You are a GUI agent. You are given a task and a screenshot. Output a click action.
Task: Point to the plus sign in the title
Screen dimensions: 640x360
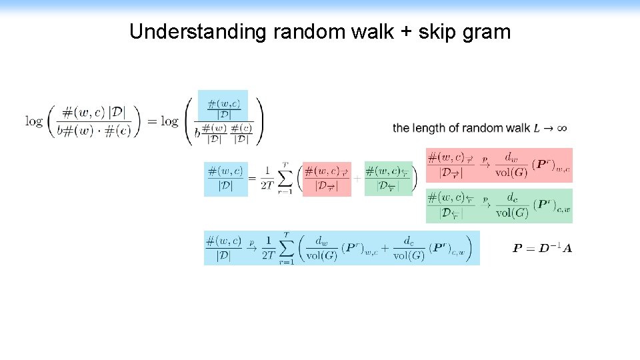405,32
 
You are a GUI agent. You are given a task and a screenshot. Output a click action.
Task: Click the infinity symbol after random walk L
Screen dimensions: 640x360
562,127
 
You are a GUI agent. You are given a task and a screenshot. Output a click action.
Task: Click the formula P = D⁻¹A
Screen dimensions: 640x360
542,249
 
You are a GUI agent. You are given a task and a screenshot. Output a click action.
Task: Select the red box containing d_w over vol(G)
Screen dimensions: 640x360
499,165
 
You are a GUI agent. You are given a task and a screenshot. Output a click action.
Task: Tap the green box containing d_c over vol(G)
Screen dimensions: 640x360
499,205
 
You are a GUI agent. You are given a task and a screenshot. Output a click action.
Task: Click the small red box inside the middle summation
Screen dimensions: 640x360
327,179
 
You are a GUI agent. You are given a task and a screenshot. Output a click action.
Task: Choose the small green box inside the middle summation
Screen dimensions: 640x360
388,179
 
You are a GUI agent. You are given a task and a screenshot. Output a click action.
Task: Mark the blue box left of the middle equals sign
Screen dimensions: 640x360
225,179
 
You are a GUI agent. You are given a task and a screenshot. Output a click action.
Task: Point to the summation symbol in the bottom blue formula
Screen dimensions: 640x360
286,249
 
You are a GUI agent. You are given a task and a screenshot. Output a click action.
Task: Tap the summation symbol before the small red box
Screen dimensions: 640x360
285,179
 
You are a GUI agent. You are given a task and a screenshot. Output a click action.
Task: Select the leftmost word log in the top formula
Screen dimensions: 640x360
34,121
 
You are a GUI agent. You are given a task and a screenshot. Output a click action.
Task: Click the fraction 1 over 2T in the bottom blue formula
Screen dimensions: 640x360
269,248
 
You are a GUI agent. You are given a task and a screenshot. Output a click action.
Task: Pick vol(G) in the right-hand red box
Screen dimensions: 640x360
512,172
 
